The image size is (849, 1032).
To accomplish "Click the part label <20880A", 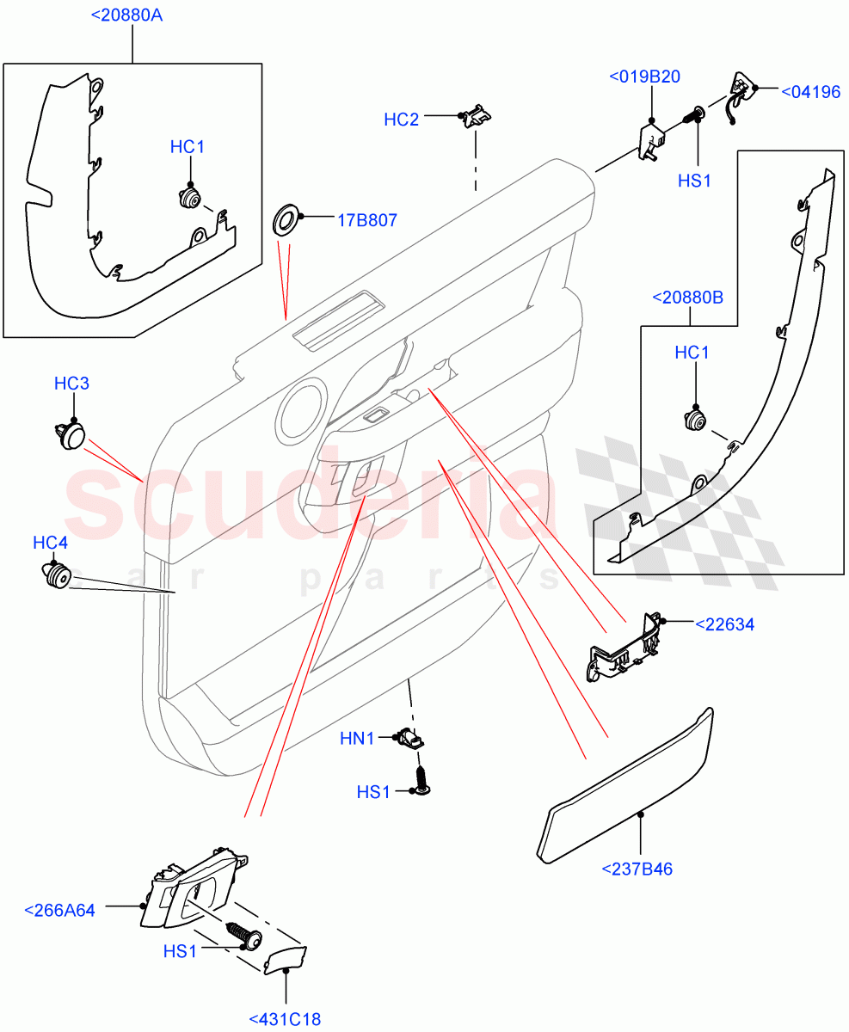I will click(x=132, y=15).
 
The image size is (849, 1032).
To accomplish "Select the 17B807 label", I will click(x=366, y=220).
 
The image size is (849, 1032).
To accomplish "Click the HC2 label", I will click(x=402, y=120).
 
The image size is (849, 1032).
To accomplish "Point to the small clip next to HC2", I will click(x=476, y=116).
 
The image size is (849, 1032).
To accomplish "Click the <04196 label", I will click(x=809, y=91).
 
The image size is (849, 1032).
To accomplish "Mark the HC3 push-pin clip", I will click(x=71, y=435).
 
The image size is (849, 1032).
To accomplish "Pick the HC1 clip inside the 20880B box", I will click(x=692, y=421).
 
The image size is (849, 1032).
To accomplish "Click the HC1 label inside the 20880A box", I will click(x=187, y=147).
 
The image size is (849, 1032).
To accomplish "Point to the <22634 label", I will click(x=723, y=624).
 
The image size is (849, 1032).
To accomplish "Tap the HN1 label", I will click(x=357, y=737).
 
